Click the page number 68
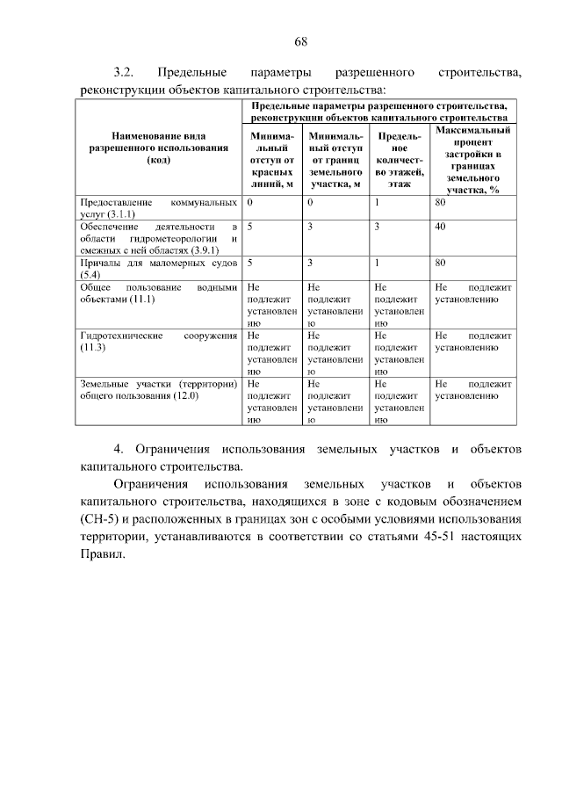point(299,41)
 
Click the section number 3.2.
point(123,71)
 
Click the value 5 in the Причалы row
point(251,263)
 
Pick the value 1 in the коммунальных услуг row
point(377,203)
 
